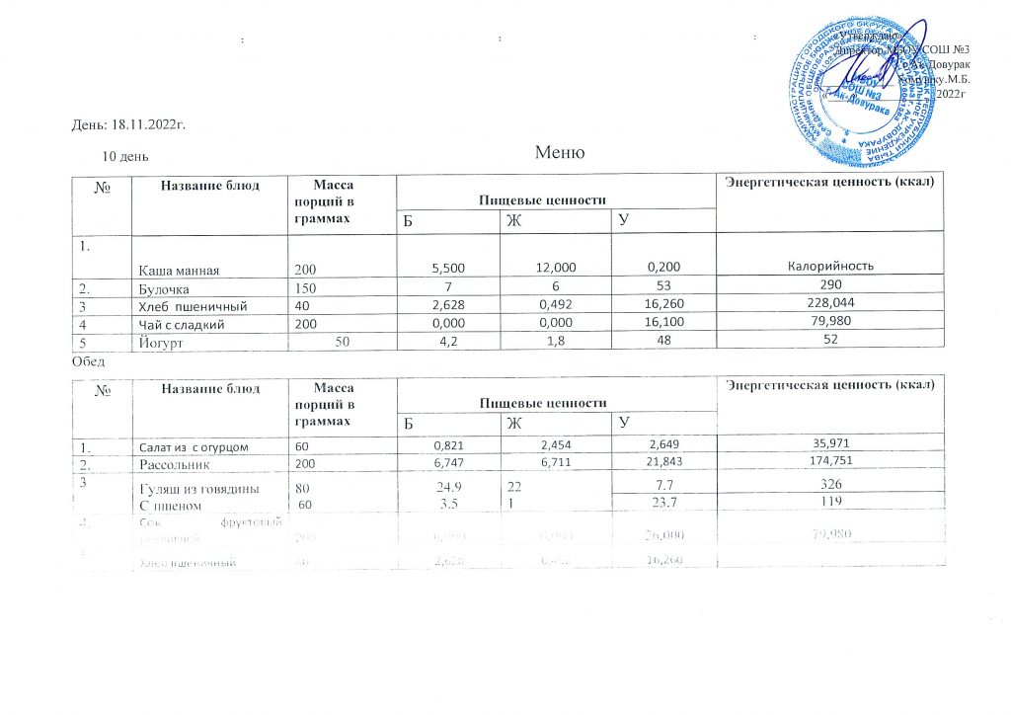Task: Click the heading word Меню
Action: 560,153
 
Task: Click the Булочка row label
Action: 163,287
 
